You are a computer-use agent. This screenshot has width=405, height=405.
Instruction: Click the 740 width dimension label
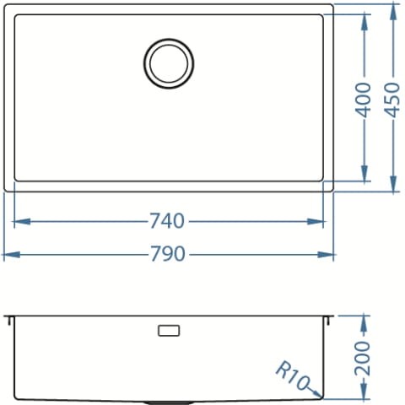(x=167, y=221)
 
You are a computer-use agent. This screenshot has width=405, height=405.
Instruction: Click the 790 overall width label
(x=168, y=254)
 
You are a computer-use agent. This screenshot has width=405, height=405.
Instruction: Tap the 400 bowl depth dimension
(x=363, y=100)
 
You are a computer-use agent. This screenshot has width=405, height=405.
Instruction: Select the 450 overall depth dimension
(x=392, y=100)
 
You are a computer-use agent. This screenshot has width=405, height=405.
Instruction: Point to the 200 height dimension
(x=363, y=359)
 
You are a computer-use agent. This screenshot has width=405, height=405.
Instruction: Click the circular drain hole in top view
(x=169, y=63)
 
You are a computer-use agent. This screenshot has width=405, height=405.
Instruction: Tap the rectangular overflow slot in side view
(x=169, y=330)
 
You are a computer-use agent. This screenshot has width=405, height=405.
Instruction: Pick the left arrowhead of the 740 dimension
(x=22, y=222)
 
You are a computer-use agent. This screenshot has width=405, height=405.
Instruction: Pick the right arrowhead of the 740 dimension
(x=316, y=222)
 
